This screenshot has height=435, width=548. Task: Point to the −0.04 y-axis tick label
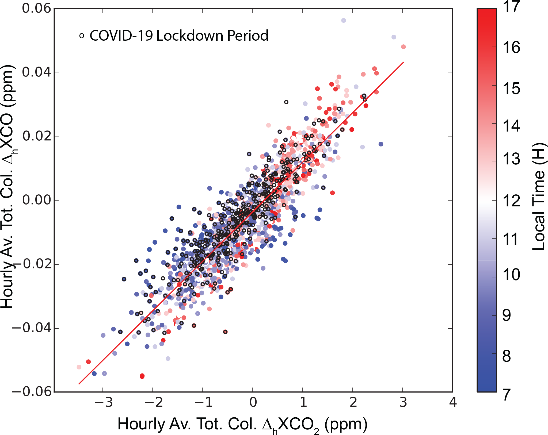click(x=32, y=328)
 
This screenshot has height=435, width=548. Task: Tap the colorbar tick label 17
click(x=511, y=7)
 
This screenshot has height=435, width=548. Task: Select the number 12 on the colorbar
click(x=511, y=201)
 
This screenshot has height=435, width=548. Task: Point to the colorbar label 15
click(x=511, y=88)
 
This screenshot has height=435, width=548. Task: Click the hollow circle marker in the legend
click(x=82, y=36)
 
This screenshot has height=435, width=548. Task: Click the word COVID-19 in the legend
click(x=121, y=36)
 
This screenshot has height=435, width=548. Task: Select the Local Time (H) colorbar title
click(x=538, y=197)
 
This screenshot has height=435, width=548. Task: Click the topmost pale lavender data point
click(x=344, y=21)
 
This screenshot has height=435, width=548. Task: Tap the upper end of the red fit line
click(x=404, y=62)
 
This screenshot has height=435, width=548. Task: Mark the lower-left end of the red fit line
click(x=79, y=384)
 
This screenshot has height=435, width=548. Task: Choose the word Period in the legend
click(x=248, y=36)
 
